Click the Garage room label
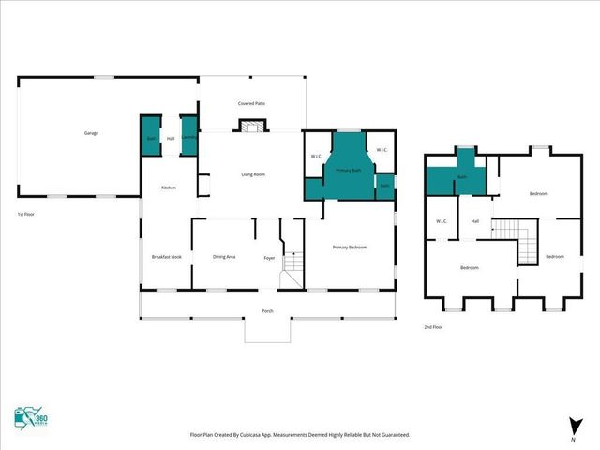pos(92,133)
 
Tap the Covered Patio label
pos(250,104)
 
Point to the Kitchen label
pos(169,187)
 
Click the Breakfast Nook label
pos(165,257)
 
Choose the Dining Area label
pos(224,257)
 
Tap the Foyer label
pos(269,257)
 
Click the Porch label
pos(267,310)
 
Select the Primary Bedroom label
pos(350,247)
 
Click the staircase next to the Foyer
pos(294,263)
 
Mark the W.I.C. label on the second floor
pos(441,222)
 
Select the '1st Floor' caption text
pos(26,215)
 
